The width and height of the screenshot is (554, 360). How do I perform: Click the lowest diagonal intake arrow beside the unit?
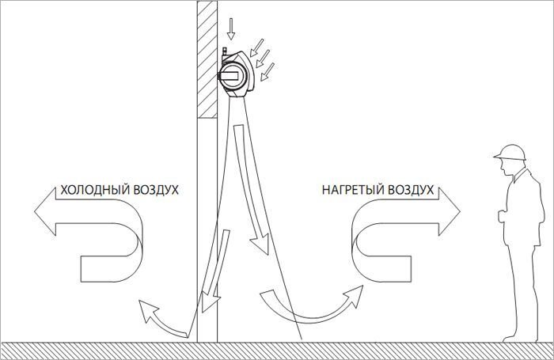[x=267, y=72]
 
